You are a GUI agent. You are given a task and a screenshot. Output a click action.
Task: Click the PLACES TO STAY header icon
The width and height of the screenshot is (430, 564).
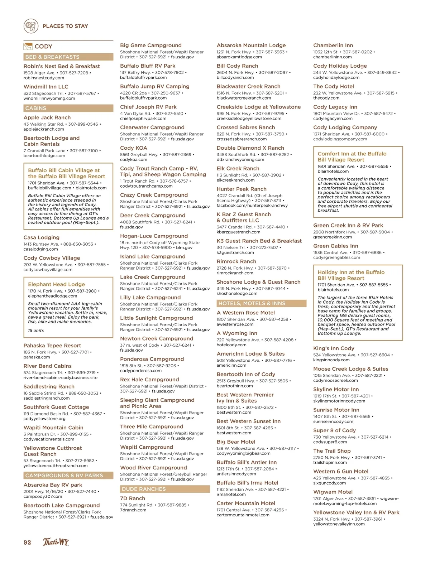(31, 26)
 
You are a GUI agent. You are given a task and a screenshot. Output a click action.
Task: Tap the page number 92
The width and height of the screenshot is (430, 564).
(28, 542)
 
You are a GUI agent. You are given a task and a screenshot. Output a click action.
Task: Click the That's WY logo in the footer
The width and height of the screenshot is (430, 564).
(56, 542)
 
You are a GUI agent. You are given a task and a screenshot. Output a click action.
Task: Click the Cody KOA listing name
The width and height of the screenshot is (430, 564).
(134, 148)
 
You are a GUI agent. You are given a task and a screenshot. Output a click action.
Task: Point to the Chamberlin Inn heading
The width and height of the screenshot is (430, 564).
(333, 45)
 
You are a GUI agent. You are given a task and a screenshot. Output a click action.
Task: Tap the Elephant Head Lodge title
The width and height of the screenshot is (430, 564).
(56, 284)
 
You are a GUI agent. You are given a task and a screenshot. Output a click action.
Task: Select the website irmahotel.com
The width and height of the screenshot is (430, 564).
(231, 495)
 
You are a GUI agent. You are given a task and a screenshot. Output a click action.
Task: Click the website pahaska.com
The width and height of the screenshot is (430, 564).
(37, 357)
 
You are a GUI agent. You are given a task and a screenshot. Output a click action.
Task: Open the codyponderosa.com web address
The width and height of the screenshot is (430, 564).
(141, 371)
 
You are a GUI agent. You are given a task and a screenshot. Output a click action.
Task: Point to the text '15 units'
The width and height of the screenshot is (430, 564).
(36, 331)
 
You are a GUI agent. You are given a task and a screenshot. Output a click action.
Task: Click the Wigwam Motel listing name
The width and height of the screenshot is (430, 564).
(333, 492)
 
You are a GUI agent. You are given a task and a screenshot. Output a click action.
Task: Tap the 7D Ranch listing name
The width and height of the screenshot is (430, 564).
(133, 498)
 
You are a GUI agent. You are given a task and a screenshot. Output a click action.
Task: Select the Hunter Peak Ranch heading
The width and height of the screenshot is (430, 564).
(242, 189)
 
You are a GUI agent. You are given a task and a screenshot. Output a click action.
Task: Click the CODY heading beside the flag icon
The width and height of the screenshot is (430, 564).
(43, 47)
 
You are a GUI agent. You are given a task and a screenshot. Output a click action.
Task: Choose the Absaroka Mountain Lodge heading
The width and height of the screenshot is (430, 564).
(251, 45)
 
